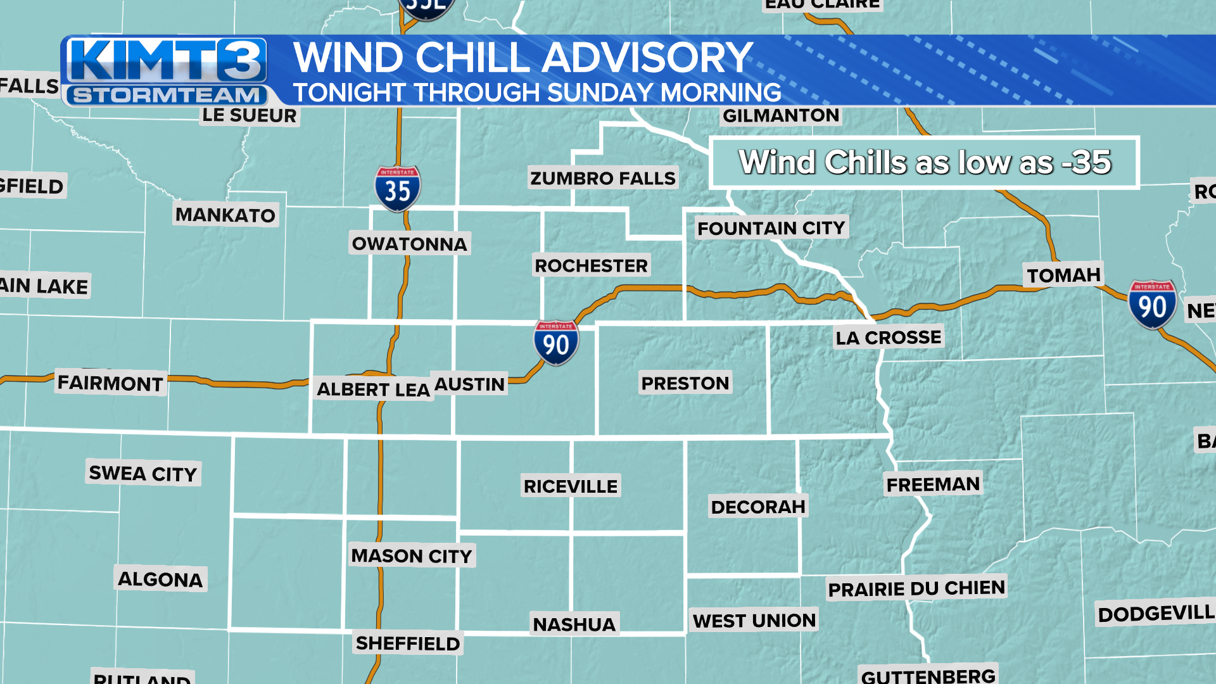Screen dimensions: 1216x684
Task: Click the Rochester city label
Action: coord(591,265)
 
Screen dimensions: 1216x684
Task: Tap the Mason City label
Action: coord(412,556)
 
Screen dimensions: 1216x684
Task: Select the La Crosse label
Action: coord(888,338)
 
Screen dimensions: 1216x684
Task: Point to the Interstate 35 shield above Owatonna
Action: coord(398,189)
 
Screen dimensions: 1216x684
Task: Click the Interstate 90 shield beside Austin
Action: coord(556,343)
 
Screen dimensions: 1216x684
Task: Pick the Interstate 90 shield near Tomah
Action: coord(1152,305)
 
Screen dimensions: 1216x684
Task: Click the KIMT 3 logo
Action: coord(167,61)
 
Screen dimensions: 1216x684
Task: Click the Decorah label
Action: coord(758,507)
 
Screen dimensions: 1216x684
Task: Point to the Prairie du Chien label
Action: coord(916,588)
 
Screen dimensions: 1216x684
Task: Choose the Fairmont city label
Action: coord(110,383)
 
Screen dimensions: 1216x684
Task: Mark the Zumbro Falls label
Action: coord(603,179)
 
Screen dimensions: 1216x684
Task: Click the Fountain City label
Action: coord(771,228)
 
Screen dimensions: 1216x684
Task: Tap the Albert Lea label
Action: coord(374,389)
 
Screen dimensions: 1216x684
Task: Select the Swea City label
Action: coord(143,473)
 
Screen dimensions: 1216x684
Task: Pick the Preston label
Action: coord(685,383)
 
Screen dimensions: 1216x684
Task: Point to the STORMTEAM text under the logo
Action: coord(167,96)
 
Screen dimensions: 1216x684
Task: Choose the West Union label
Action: coord(754,621)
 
